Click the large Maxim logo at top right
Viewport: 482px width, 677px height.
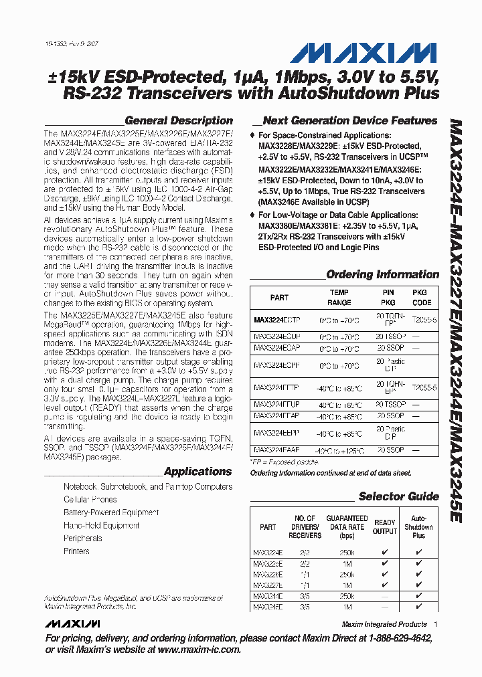point(384,53)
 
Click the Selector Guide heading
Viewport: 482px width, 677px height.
point(398,496)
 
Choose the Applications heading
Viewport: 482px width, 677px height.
point(197,472)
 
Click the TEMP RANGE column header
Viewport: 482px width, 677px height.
point(339,298)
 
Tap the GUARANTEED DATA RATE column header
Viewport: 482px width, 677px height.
point(346,526)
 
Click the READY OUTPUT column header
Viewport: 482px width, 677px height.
point(384,526)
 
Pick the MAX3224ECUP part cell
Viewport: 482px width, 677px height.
point(277,336)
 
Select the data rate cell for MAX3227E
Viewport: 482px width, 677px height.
point(346,585)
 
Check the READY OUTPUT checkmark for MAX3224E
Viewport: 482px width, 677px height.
point(384,553)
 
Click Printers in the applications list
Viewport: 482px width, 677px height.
point(76,551)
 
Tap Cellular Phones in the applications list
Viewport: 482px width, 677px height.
point(90,500)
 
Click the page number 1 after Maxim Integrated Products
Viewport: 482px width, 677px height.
point(435,624)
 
